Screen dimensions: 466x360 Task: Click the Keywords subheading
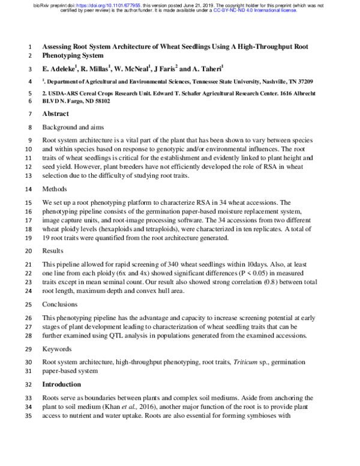[x=58, y=348]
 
